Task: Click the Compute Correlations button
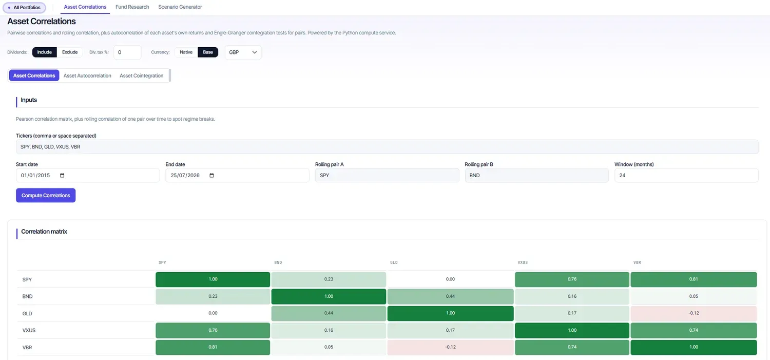point(46,195)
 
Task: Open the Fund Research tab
point(132,7)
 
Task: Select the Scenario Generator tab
point(180,7)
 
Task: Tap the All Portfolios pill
point(25,8)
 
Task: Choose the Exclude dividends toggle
point(70,52)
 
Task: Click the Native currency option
point(186,52)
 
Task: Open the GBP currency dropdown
point(243,52)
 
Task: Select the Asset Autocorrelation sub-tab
point(87,75)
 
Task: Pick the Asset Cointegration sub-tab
point(141,75)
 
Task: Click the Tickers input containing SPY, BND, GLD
point(387,147)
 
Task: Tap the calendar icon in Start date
point(62,175)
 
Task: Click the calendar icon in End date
point(211,175)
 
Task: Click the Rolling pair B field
point(536,175)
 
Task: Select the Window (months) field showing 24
point(686,175)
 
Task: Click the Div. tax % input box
point(127,52)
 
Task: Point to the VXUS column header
point(523,262)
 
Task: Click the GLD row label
point(27,313)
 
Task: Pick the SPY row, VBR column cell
point(694,279)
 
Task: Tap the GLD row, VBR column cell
point(694,313)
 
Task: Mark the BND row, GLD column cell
point(450,296)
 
